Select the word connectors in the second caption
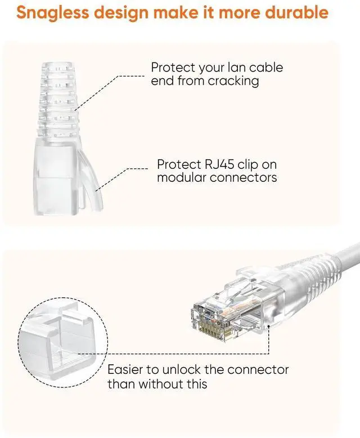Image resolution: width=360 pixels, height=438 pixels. tap(246, 178)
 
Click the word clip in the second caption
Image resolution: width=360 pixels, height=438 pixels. tap(244, 165)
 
